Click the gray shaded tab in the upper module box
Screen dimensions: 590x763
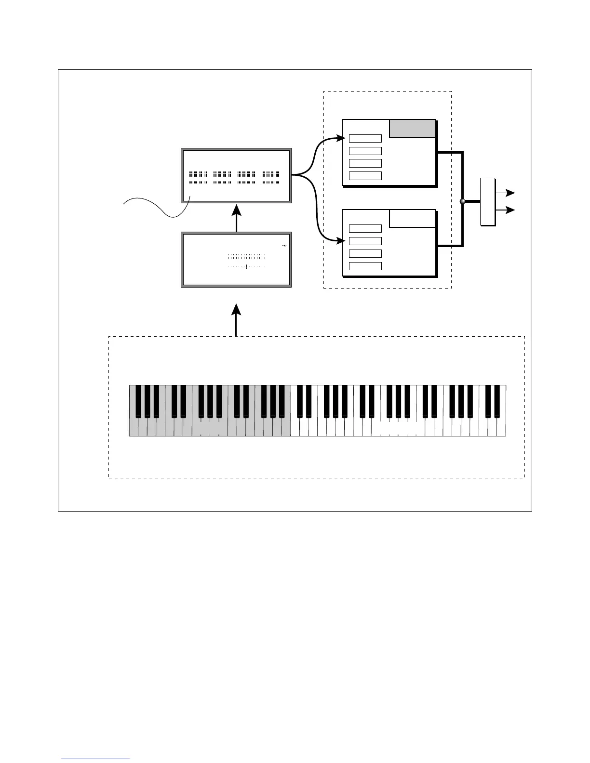(413, 129)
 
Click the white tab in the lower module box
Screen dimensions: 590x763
(413, 219)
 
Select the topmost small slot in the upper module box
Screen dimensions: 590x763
(365, 139)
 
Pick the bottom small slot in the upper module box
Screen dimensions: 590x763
(365, 176)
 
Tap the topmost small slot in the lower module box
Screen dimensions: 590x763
(365, 229)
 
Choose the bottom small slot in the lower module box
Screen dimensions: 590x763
(365, 266)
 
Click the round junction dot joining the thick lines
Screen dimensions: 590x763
(462, 201)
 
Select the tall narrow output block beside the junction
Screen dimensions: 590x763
(488, 201)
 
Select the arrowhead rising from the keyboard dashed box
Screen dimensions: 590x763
(236, 309)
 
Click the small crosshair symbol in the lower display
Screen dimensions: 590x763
(284, 246)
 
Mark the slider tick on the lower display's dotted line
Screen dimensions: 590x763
(246, 266)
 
